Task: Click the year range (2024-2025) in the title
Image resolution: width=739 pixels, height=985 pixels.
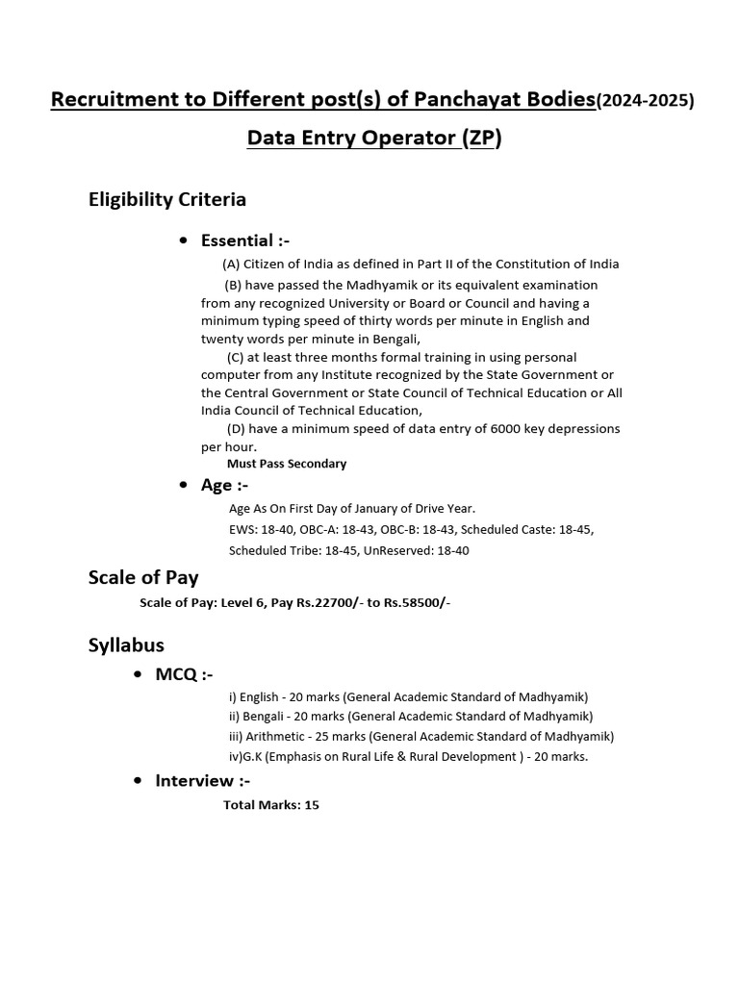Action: click(645, 100)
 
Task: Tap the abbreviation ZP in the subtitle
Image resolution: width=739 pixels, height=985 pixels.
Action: click(481, 139)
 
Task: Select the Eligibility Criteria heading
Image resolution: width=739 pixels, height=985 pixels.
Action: click(167, 200)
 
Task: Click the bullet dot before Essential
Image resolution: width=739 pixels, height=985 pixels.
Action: click(183, 240)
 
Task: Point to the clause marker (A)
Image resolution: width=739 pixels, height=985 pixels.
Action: click(231, 265)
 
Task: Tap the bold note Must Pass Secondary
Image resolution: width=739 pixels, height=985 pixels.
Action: click(286, 464)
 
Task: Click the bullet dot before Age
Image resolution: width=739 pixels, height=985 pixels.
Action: click(183, 486)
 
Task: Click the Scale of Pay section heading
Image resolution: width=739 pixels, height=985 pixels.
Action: click(143, 578)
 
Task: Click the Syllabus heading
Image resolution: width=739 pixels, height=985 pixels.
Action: click(126, 645)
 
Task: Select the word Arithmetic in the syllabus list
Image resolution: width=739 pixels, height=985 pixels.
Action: click(278, 737)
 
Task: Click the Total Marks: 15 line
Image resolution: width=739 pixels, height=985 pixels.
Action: click(270, 805)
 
